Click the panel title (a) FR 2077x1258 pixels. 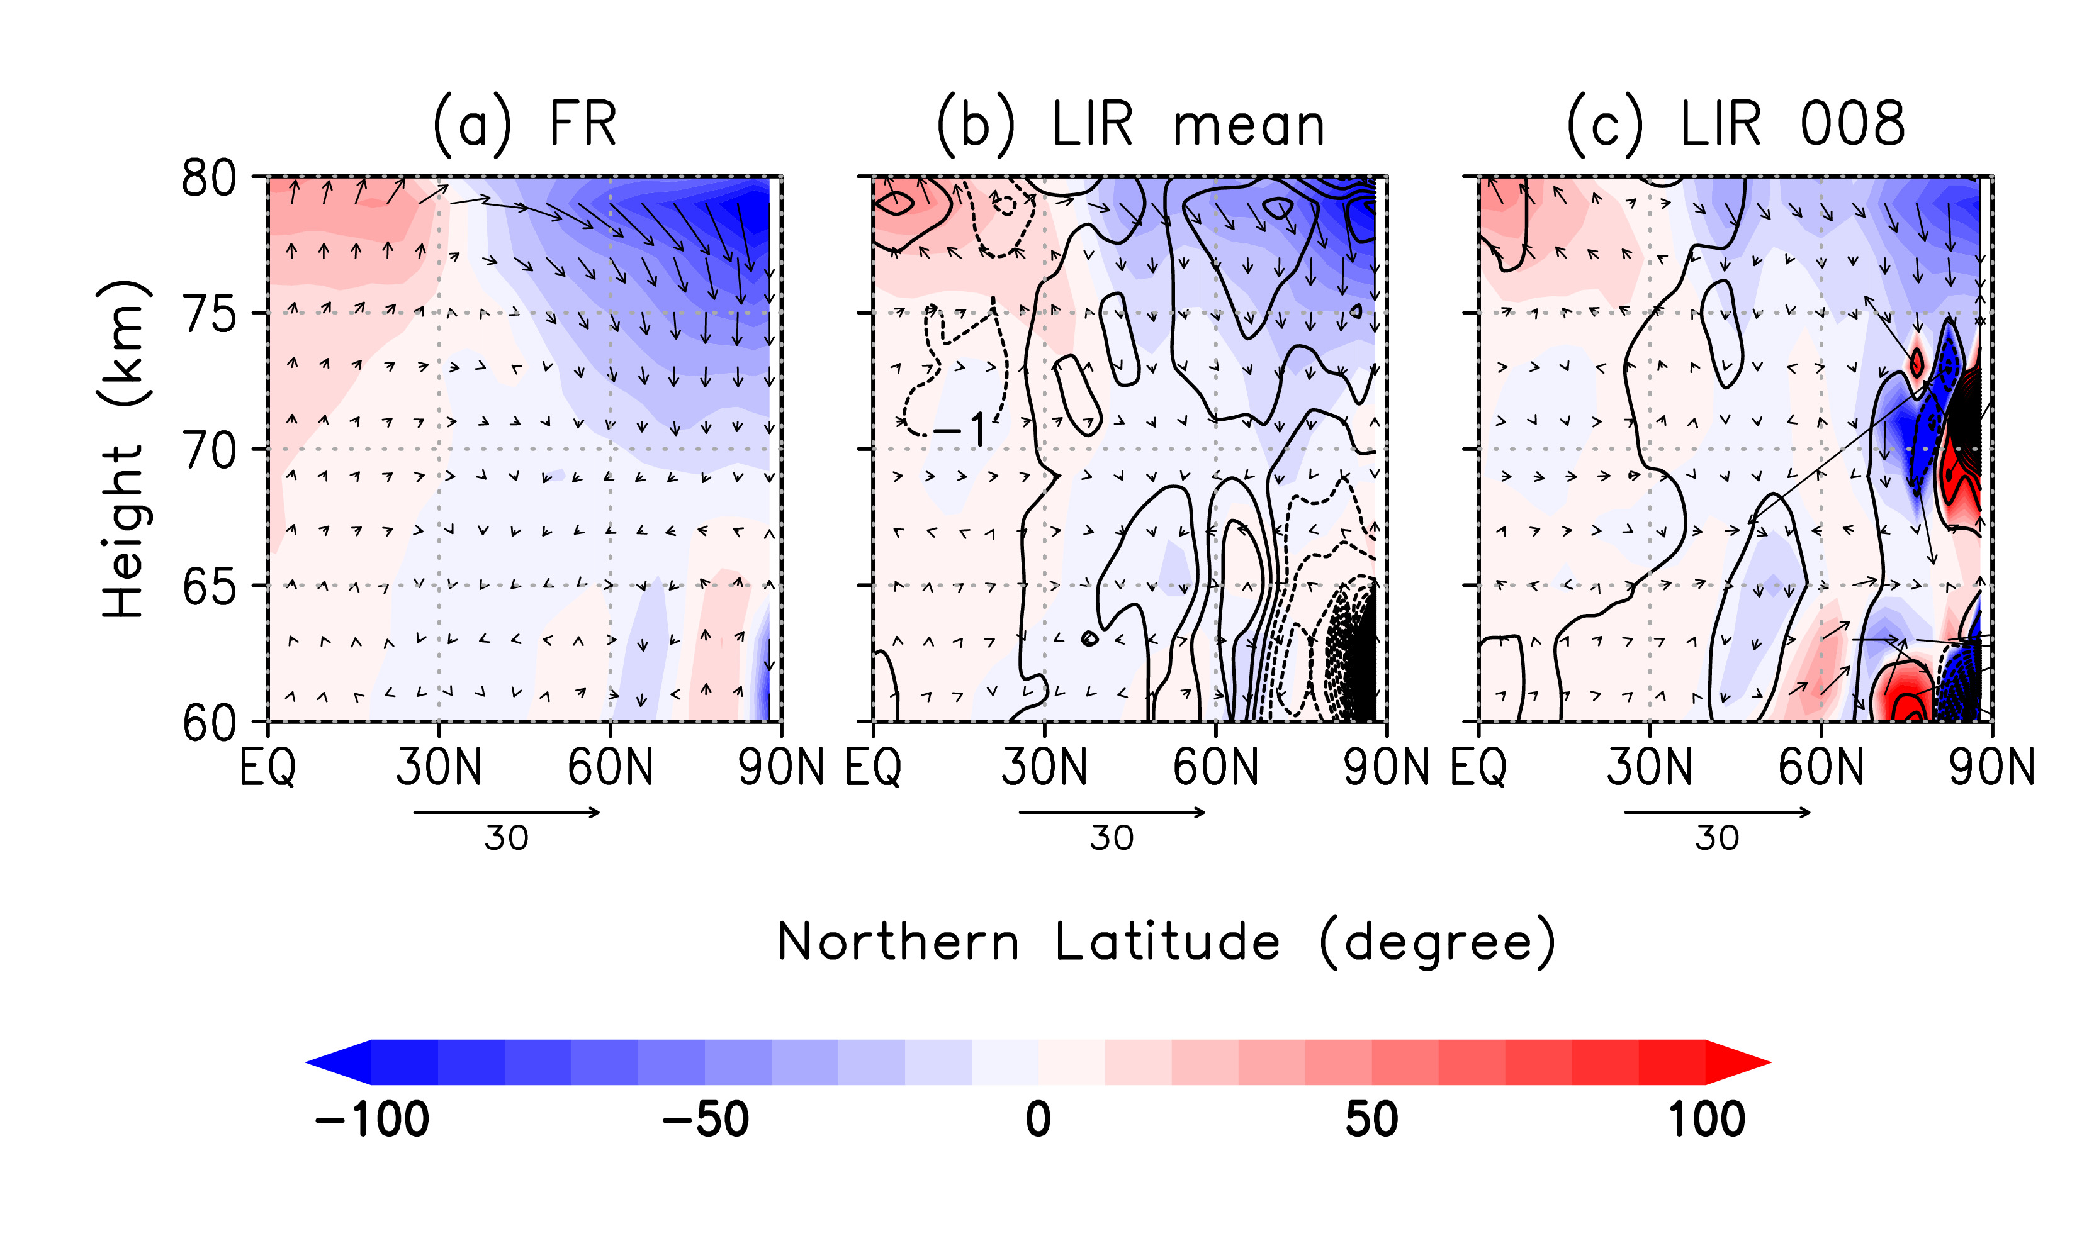click(x=524, y=125)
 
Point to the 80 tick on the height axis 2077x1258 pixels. click(x=208, y=178)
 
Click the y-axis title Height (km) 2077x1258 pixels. click(x=123, y=450)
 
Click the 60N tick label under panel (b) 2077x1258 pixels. click(x=1215, y=767)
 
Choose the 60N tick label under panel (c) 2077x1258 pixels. click(x=1821, y=767)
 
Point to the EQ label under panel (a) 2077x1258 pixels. click(x=267, y=767)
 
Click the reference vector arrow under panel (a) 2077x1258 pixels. click(x=507, y=812)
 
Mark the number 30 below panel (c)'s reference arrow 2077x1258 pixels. click(x=1717, y=838)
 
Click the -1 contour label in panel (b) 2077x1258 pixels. click(x=960, y=431)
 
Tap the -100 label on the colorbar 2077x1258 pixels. click(x=372, y=1120)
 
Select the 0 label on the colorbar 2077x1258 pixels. click(x=1038, y=1120)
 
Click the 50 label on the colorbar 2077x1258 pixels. click(x=1371, y=1120)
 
